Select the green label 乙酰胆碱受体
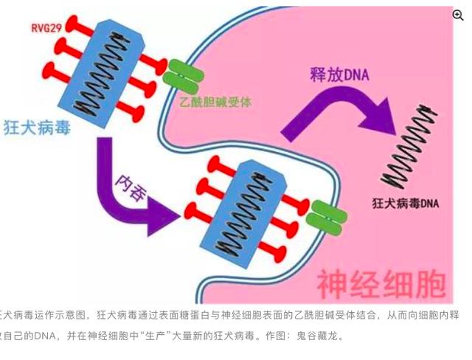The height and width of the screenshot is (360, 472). tap(215, 103)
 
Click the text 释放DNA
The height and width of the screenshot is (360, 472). tap(339, 75)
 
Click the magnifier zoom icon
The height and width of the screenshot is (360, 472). tap(457, 14)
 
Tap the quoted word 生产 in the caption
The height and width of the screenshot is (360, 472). tap(147, 336)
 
